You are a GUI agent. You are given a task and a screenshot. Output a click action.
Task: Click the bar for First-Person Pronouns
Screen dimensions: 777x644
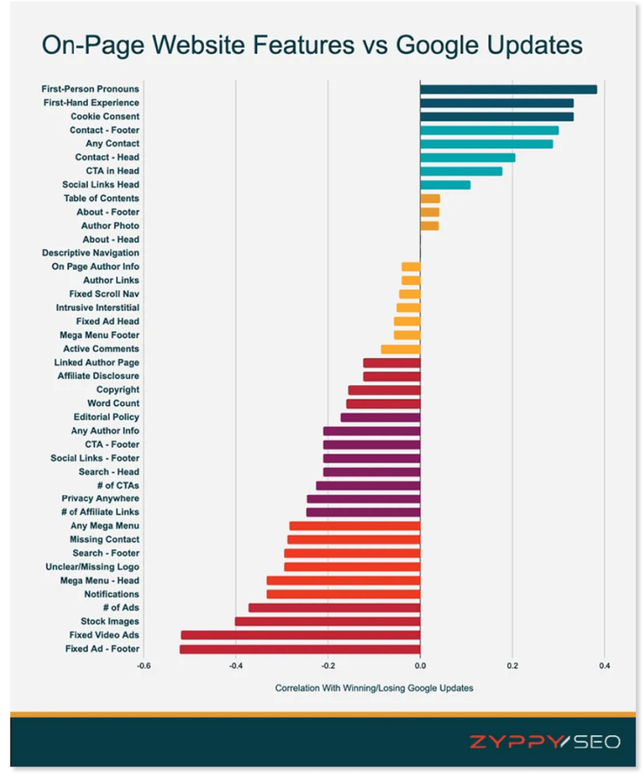[508, 90]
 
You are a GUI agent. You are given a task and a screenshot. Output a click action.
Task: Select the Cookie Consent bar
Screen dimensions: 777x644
[496, 117]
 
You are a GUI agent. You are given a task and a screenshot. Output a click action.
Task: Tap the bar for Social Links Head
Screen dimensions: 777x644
[445, 185]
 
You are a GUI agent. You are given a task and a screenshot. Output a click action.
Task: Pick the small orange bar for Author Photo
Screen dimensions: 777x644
[429, 226]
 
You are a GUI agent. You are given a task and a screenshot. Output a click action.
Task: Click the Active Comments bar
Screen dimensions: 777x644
[401, 349]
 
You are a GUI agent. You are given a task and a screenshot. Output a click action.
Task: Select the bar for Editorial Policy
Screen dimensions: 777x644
[380, 417]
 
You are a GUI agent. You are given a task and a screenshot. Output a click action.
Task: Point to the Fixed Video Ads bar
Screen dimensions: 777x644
[300, 635]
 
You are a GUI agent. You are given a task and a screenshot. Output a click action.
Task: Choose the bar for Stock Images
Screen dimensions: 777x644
[327, 621]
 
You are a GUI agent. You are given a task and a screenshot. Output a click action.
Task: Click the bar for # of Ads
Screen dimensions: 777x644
[334, 608]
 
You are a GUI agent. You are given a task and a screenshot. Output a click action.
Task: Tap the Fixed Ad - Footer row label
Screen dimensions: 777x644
[102, 649]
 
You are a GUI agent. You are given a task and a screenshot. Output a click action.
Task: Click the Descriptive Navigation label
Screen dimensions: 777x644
[90, 253]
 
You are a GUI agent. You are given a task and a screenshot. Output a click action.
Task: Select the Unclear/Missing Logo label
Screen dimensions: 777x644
[92, 567]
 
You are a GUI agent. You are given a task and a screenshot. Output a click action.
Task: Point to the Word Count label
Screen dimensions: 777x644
[113, 403]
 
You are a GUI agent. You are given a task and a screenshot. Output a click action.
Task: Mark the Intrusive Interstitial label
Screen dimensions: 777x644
[97, 307]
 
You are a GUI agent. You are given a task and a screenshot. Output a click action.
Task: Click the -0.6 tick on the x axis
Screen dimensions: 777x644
[143, 666]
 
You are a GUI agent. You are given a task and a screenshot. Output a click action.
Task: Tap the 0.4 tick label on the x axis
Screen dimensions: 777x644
[604, 666]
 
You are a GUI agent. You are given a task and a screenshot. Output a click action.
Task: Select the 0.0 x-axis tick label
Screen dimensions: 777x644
[419, 666]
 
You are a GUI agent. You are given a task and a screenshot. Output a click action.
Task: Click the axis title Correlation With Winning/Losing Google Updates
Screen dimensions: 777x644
[374, 688]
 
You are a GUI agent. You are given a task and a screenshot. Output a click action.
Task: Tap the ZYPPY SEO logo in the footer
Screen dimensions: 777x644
[544, 741]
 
